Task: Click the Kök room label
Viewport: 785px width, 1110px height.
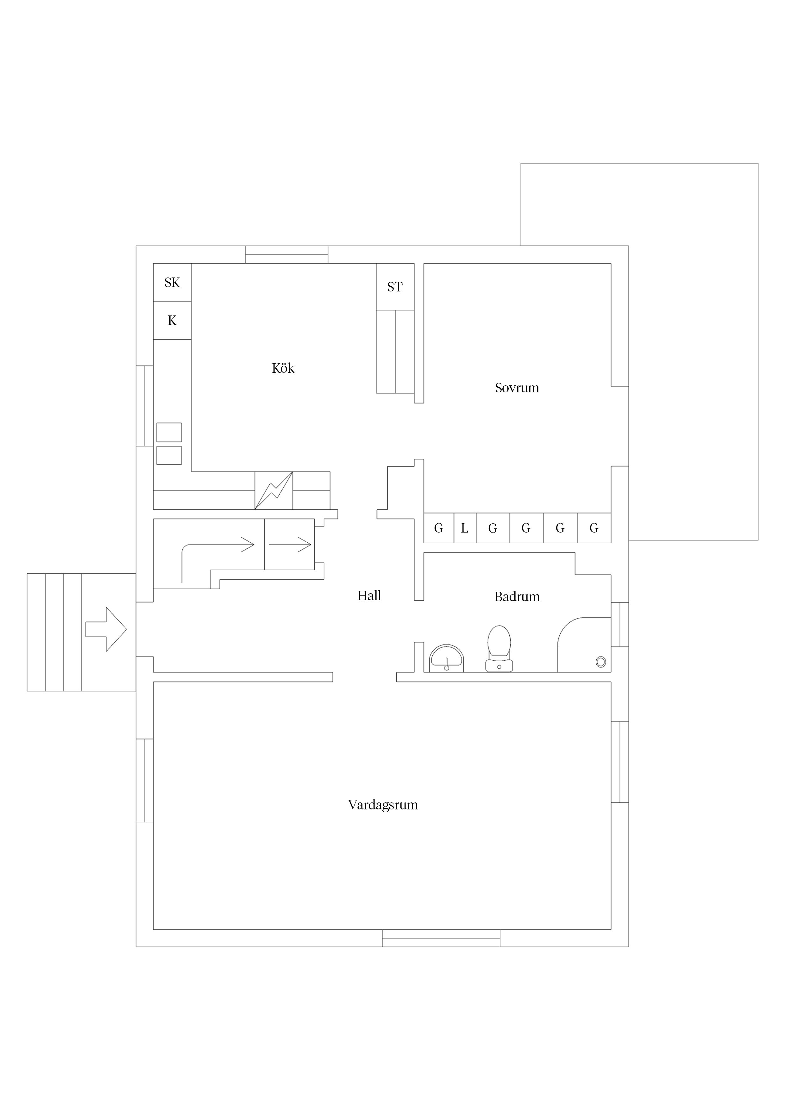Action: point(283,368)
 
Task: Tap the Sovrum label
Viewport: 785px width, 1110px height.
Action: point(517,388)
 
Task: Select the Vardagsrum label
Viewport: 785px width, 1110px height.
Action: point(383,804)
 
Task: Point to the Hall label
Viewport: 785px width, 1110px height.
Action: point(369,596)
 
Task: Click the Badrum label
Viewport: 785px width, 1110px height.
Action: point(517,596)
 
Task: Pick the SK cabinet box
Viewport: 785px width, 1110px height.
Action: point(172,282)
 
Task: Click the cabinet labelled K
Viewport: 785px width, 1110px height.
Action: point(172,321)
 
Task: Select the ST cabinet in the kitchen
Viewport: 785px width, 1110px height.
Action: point(395,287)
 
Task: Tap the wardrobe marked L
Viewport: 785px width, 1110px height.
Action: point(465,528)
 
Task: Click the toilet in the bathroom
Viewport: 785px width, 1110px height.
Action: point(499,648)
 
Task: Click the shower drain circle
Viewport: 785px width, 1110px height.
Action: point(601,662)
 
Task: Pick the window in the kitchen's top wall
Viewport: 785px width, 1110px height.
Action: point(286,254)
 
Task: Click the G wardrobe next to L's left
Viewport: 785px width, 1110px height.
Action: point(439,528)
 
